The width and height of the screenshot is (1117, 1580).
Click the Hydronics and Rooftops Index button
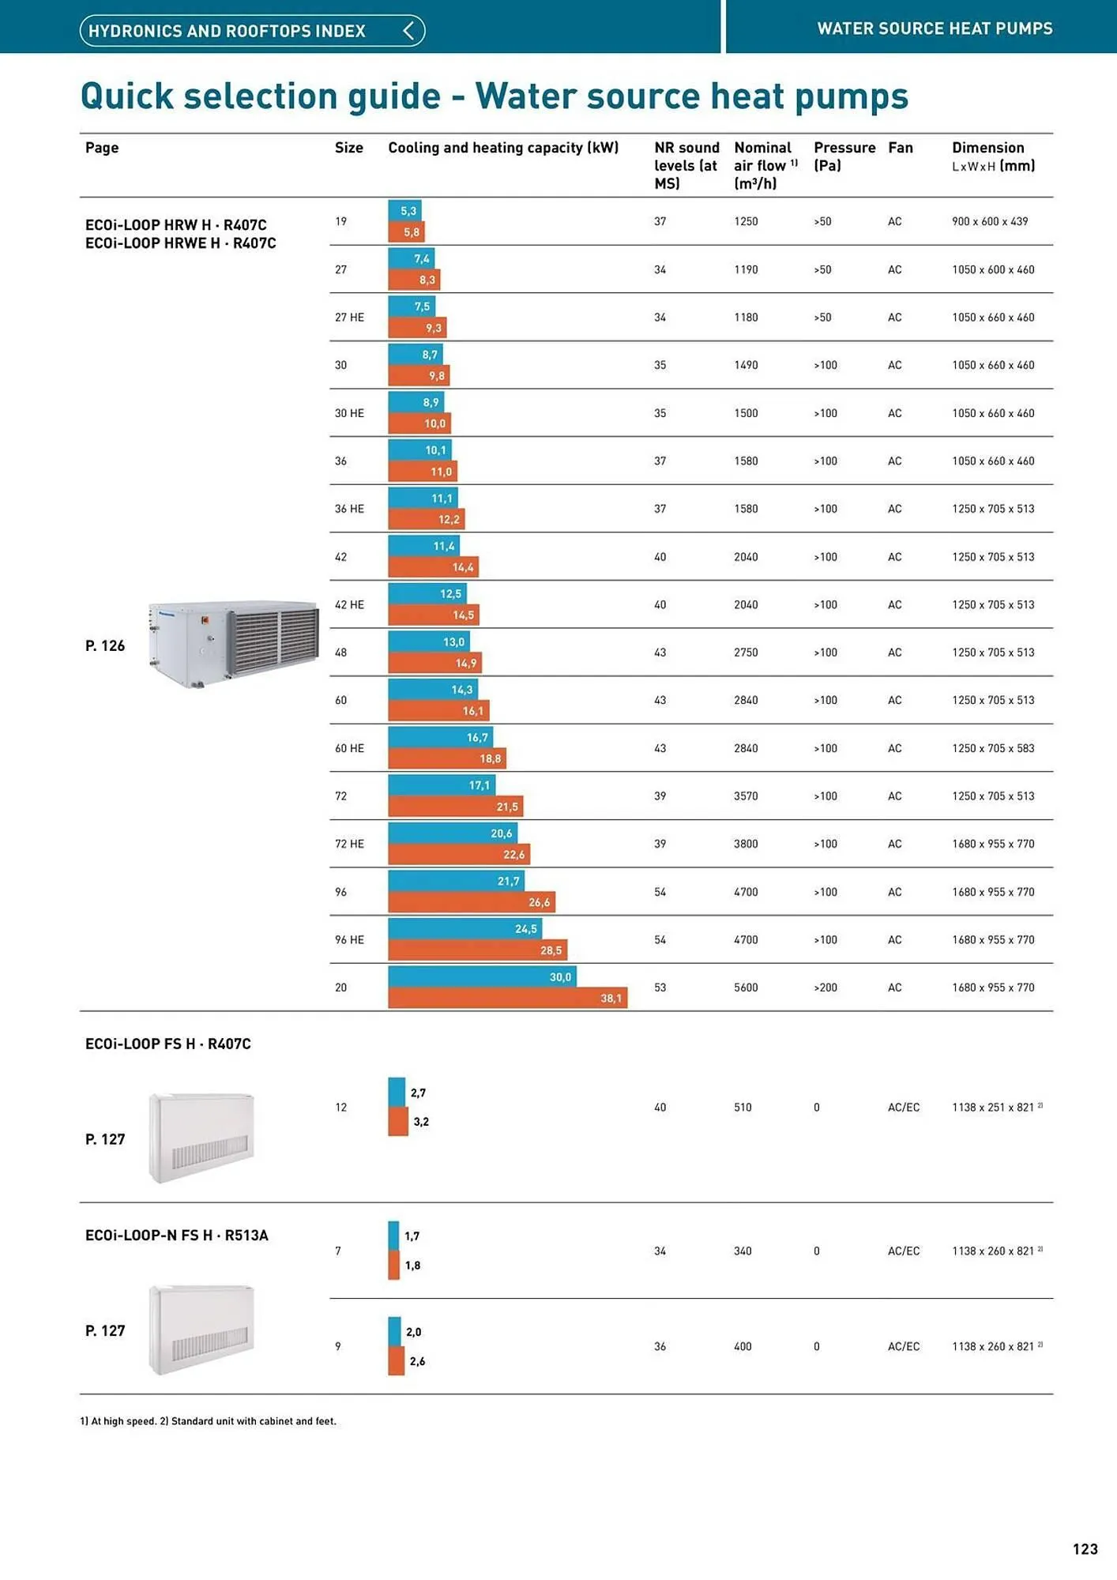252,31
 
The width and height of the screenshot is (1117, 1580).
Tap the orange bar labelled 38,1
507,998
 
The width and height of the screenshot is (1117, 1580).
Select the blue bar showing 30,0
482,976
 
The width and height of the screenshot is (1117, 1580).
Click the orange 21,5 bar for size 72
455,807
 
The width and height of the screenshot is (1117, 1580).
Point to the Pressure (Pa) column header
844,156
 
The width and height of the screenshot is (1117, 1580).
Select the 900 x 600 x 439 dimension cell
989,221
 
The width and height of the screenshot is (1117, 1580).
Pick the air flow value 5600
745,987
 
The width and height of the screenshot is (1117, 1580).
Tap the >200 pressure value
825,987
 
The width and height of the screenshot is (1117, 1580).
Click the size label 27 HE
349,318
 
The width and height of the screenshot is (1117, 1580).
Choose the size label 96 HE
349,940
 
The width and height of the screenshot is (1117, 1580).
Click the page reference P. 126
105,646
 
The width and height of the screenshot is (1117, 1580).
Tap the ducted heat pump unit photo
233,643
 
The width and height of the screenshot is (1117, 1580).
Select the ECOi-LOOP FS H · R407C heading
167,1044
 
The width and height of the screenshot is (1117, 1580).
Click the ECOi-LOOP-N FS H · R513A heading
176,1235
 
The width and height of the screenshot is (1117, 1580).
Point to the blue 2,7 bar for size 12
397,1093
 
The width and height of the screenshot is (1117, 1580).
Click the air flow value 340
742,1251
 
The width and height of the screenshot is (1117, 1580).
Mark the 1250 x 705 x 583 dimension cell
992,748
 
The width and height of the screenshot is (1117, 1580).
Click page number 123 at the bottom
1085,1549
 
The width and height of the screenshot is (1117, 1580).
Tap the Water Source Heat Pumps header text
934,28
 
